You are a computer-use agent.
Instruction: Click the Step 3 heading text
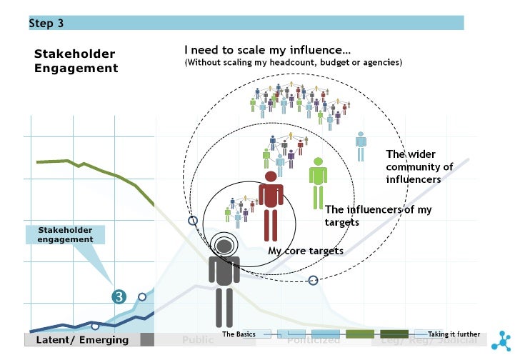[x=46, y=24]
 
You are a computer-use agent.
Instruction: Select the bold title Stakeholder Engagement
[x=76, y=61]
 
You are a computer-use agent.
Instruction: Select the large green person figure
[x=316, y=182]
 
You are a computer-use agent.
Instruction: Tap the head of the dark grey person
[x=224, y=246]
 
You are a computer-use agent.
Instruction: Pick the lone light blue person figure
[x=361, y=146]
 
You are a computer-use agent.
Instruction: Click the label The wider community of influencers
[x=420, y=166]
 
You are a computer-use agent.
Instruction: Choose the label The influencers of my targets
[x=378, y=216]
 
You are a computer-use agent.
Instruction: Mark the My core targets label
[x=305, y=251]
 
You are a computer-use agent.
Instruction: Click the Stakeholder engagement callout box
[x=66, y=235]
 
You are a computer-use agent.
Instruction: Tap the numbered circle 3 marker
[x=119, y=296]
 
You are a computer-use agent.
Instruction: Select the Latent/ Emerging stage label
[x=82, y=340]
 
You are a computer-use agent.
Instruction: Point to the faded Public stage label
[x=197, y=341]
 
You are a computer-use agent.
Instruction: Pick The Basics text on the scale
[x=239, y=334]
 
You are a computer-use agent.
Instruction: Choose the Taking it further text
[x=454, y=334]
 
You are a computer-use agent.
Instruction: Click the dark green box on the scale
[x=394, y=334]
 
